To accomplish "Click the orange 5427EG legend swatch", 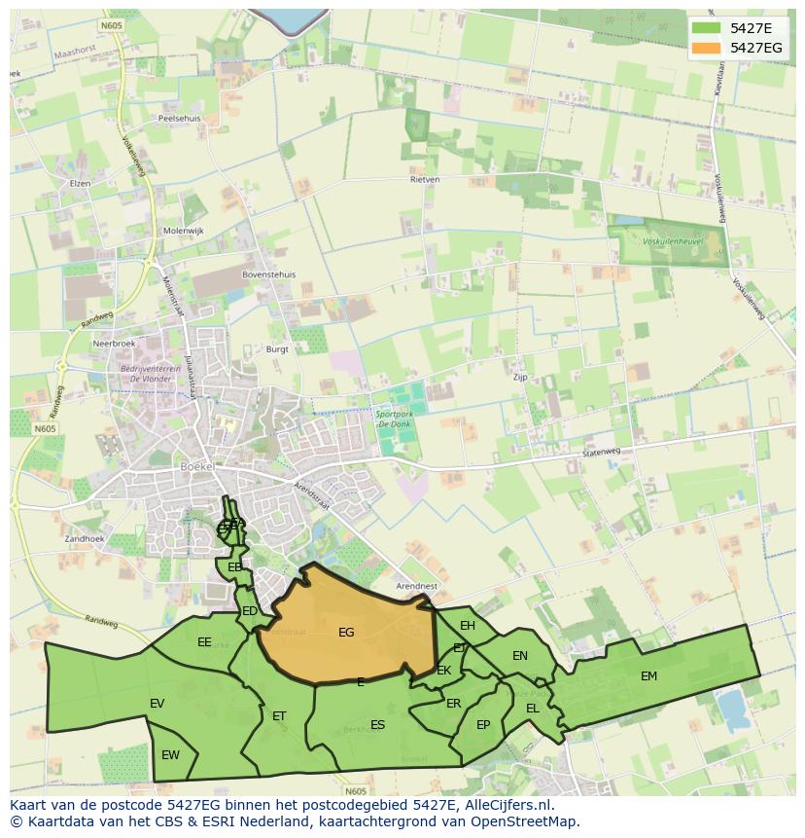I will pyautogui.click(x=706, y=48).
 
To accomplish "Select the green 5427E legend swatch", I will pyautogui.click(x=706, y=28).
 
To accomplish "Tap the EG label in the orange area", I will pyautogui.click(x=346, y=633).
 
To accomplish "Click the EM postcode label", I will pyautogui.click(x=648, y=676).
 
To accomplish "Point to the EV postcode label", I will pyautogui.click(x=157, y=704).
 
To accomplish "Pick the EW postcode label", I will pyautogui.click(x=170, y=754).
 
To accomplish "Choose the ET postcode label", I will pyautogui.click(x=279, y=716).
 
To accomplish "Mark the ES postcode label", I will pyautogui.click(x=377, y=724).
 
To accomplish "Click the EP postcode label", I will pyautogui.click(x=483, y=724).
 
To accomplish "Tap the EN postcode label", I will pyautogui.click(x=520, y=656).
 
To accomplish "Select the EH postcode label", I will pyautogui.click(x=468, y=626).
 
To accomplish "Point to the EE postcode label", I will pyautogui.click(x=204, y=642).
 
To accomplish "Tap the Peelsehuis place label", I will pyautogui.click(x=179, y=118).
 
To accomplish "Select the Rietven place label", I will pyautogui.click(x=425, y=179).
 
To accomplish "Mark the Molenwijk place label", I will pyautogui.click(x=184, y=231).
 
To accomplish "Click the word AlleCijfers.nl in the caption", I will pyautogui.click(x=506, y=805).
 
